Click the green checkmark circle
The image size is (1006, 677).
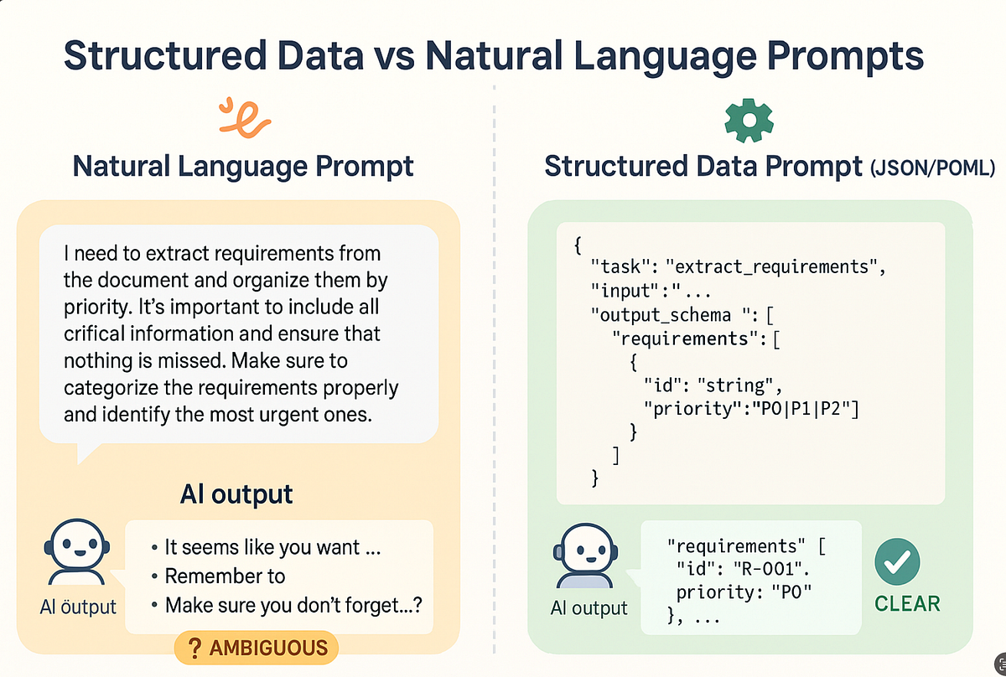[898, 561]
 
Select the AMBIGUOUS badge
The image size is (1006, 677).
[256, 647]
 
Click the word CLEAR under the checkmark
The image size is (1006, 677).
[907, 604]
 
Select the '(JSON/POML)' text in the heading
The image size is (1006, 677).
[933, 168]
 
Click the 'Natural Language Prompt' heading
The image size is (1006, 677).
[243, 166]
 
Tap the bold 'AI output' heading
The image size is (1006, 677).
[236, 494]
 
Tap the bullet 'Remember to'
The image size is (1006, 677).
[225, 576]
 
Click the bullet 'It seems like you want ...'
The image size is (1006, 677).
[273, 548]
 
